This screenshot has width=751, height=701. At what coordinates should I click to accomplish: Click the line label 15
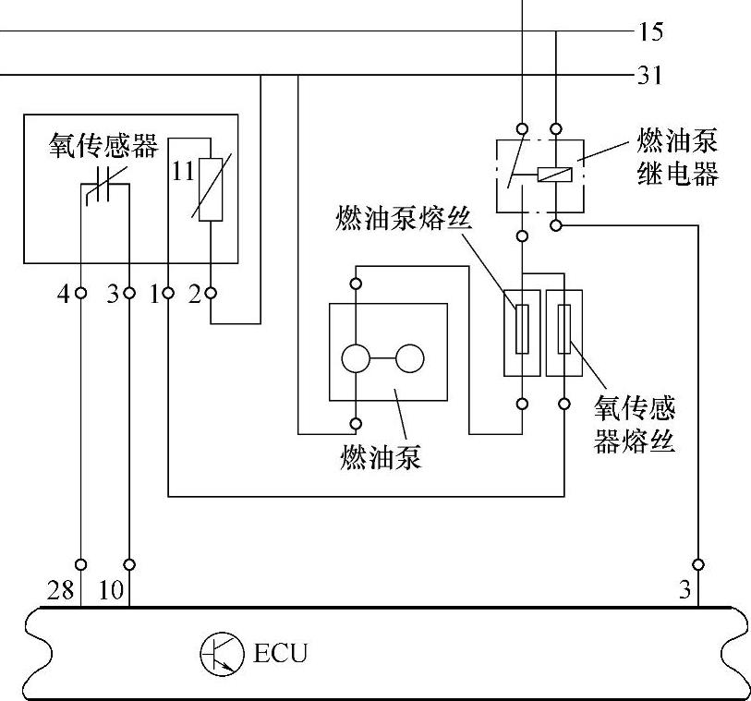coord(650,33)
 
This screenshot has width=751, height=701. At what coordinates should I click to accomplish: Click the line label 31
coord(650,76)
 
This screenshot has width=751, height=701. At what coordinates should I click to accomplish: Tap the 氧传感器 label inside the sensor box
coord(104,147)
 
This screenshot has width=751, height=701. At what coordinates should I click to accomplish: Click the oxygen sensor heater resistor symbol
coord(211,180)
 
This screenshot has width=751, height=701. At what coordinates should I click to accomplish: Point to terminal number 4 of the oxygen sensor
coord(63,296)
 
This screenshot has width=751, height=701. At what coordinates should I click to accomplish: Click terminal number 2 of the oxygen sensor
coord(195,296)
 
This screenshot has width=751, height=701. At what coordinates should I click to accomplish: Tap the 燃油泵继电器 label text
coord(677,158)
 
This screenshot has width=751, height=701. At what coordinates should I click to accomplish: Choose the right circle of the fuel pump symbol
coord(410,358)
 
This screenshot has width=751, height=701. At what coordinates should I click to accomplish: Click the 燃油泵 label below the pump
coord(381,456)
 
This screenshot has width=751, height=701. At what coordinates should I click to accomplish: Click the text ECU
coord(279,655)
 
